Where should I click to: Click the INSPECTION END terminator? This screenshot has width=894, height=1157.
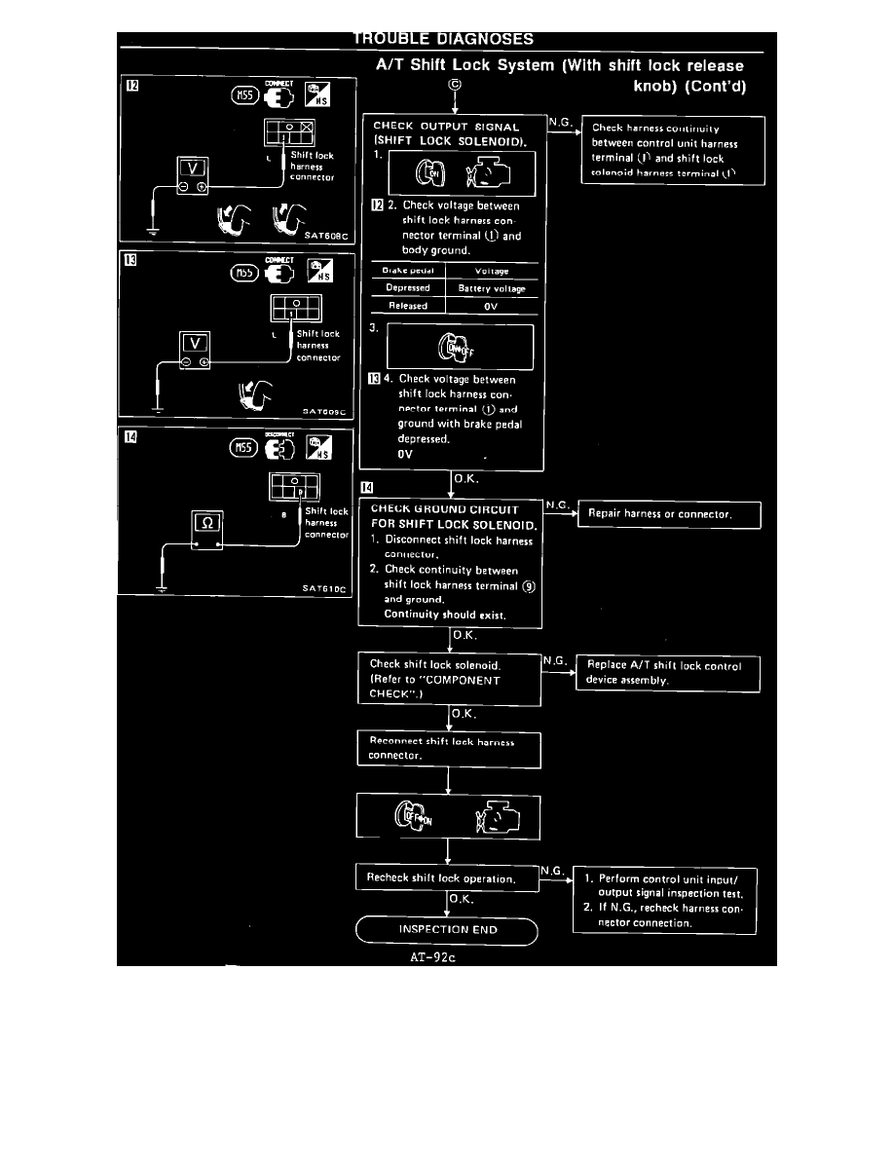click(x=448, y=929)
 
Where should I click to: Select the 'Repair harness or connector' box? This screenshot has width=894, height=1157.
click(x=668, y=513)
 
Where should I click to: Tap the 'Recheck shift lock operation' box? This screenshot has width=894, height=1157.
click(x=447, y=877)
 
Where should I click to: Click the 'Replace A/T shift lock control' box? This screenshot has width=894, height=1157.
click(x=668, y=673)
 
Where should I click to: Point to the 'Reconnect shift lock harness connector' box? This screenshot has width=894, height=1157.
click(x=448, y=748)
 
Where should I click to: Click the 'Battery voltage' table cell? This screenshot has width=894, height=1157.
click(x=491, y=288)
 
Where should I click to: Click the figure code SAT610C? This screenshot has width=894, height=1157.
click(x=324, y=588)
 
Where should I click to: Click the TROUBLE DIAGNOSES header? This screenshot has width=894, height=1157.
click(x=443, y=39)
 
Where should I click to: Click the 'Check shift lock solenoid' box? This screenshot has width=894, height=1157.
click(x=448, y=679)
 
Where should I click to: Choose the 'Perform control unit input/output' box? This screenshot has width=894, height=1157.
click(x=665, y=900)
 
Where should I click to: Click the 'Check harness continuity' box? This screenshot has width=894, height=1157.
click(x=672, y=150)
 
